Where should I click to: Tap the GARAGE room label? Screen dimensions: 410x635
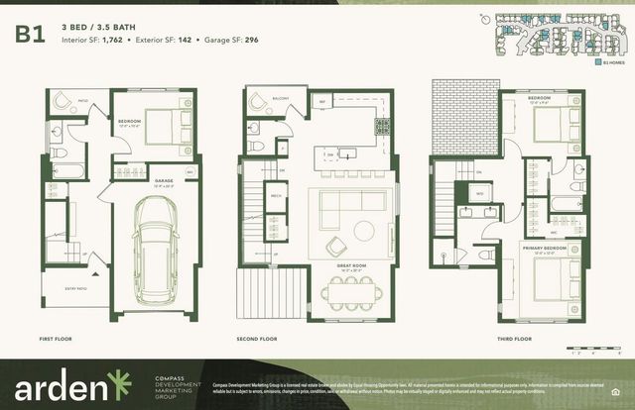click(x=164, y=180)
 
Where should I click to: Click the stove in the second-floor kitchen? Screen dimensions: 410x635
click(x=383, y=127)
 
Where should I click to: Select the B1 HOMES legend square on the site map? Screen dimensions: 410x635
click(x=597, y=60)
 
